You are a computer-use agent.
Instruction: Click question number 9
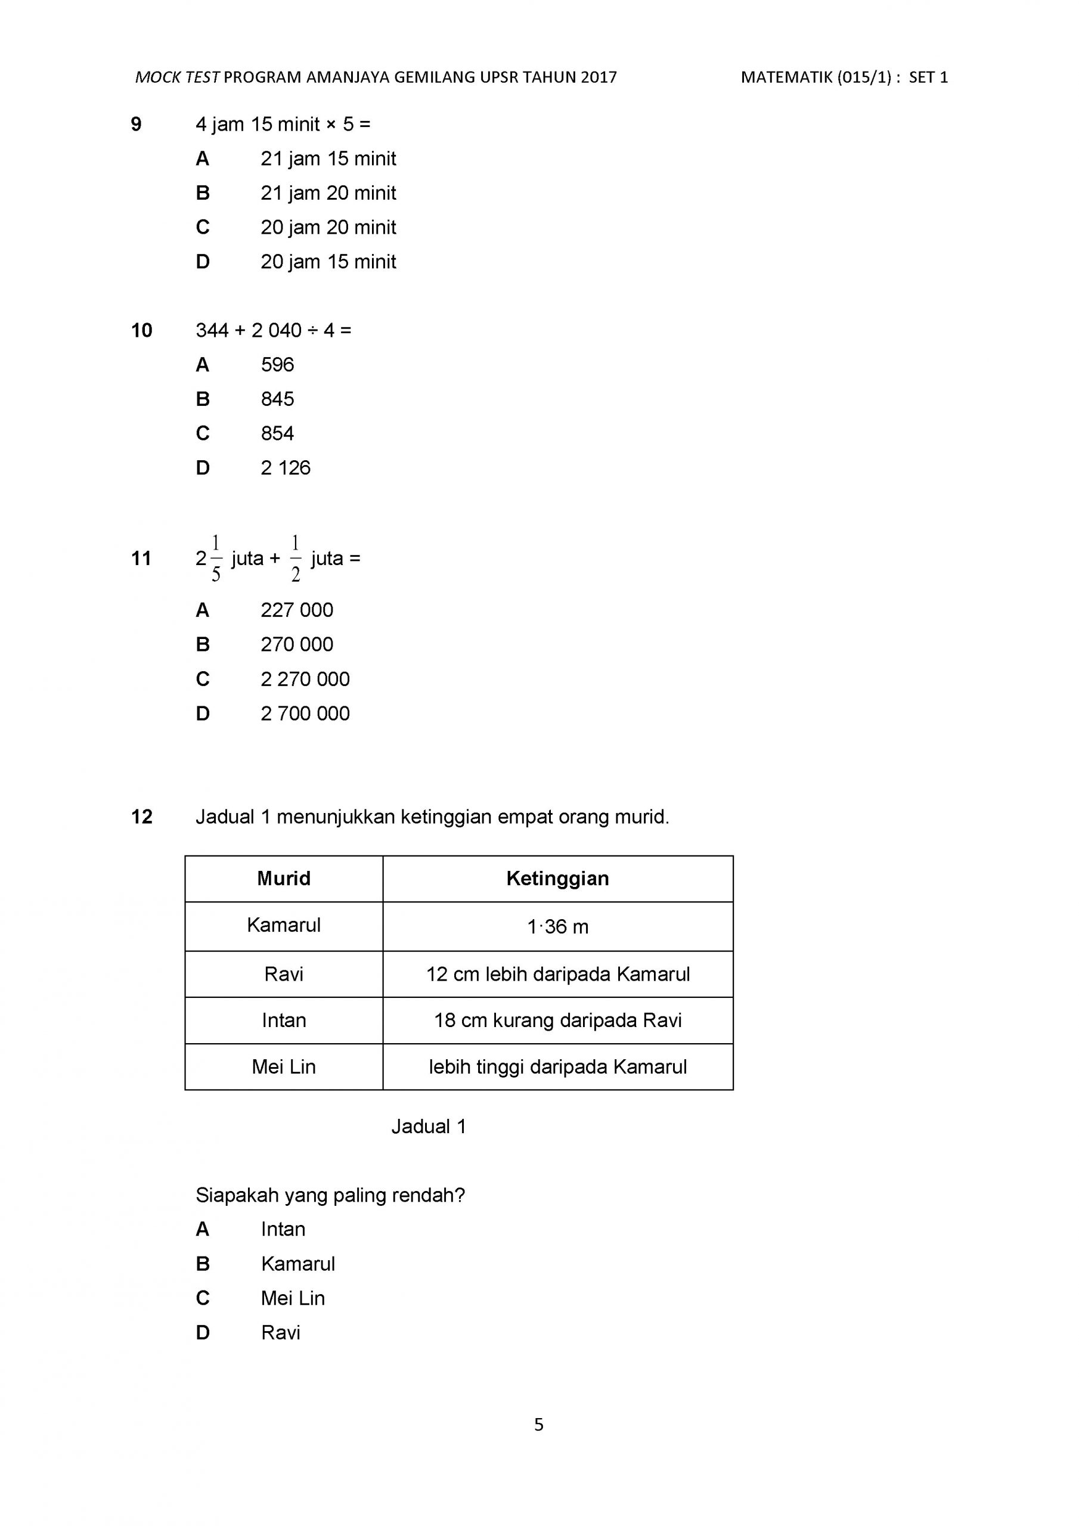click(137, 125)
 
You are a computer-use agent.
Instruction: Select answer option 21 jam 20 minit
click(328, 193)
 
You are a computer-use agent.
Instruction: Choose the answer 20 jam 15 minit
click(328, 262)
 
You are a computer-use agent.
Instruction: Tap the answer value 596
click(277, 364)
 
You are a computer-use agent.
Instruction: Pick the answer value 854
click(277, 433)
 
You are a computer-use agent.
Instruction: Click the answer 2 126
click(285, 468)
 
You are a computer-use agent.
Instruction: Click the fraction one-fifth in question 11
click(215, 559)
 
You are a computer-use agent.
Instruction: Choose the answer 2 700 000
click(305, 713)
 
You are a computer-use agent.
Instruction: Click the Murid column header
click(284, 878)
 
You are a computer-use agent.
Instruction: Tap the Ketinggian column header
click(557, 878)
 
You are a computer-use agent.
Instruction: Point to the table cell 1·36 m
click(557, 926)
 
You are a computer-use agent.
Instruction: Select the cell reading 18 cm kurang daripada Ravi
click(557, 1020)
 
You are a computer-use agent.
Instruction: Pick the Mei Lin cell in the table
click(284, 1067)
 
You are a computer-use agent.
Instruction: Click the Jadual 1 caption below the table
click(429, 1127)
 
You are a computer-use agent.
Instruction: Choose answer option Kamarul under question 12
click(298, 1264)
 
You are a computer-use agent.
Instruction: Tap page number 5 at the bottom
click(538, 1424)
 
